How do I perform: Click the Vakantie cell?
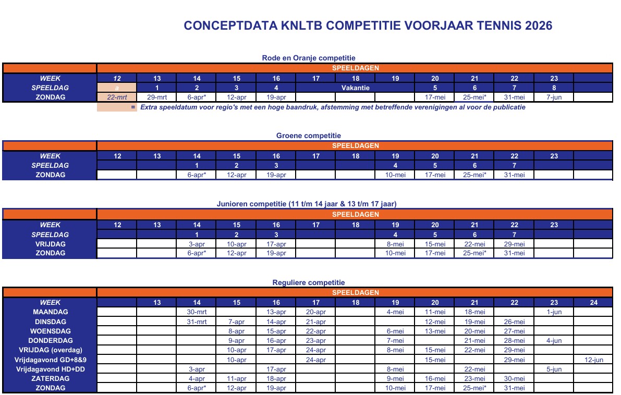pos(356,88)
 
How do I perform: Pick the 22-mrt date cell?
pos(117,97)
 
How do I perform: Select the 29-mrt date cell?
pos(157,97)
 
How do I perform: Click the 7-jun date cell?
pos(554,97)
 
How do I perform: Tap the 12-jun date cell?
pos(593,360)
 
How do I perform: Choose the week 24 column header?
pos(593,302)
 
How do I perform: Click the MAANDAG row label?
pos(50,312)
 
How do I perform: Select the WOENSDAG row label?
pos(50,331)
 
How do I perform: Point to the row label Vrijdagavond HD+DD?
pos(50,369)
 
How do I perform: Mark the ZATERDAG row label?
pos(50,379)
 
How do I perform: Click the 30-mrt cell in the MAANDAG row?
pos(197,312)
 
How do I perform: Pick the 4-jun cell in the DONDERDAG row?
pos(554,340)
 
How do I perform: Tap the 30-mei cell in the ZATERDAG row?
pos(514,379)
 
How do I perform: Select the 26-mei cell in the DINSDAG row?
pos(514,322)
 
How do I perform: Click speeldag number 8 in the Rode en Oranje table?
pos(554,88)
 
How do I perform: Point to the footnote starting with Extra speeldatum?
pos(333,107)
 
